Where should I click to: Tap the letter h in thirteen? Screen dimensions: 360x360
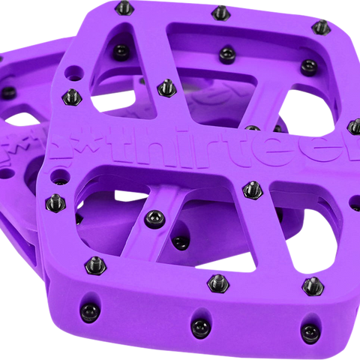pyautogui.click(x=154, y=145)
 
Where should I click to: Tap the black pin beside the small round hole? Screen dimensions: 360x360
pyautogui.click(x=73, y=95)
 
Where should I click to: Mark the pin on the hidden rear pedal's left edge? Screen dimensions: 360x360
pyautogui.click(x=8, y=92)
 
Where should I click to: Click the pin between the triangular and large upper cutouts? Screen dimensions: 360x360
pyautogui.click(x=163, y=88)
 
